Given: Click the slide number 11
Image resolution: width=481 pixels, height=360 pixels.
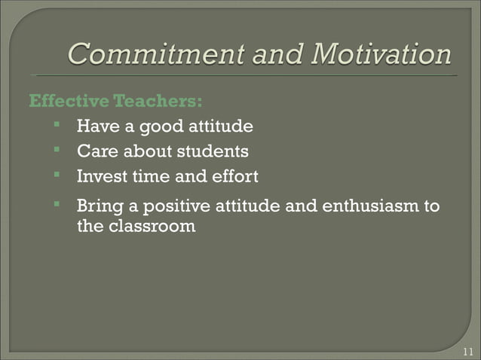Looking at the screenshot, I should [467, 351].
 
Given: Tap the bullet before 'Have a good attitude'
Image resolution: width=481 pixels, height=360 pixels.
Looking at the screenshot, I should [57, 126].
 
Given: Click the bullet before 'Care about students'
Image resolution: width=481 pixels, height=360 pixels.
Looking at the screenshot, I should [57, 151].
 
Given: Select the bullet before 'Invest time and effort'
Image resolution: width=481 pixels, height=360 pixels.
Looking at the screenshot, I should [57, 177].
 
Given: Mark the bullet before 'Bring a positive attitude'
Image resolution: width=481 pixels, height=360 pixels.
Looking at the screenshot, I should [57, 206].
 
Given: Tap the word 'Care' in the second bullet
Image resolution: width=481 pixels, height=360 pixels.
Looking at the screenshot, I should [97, 152].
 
